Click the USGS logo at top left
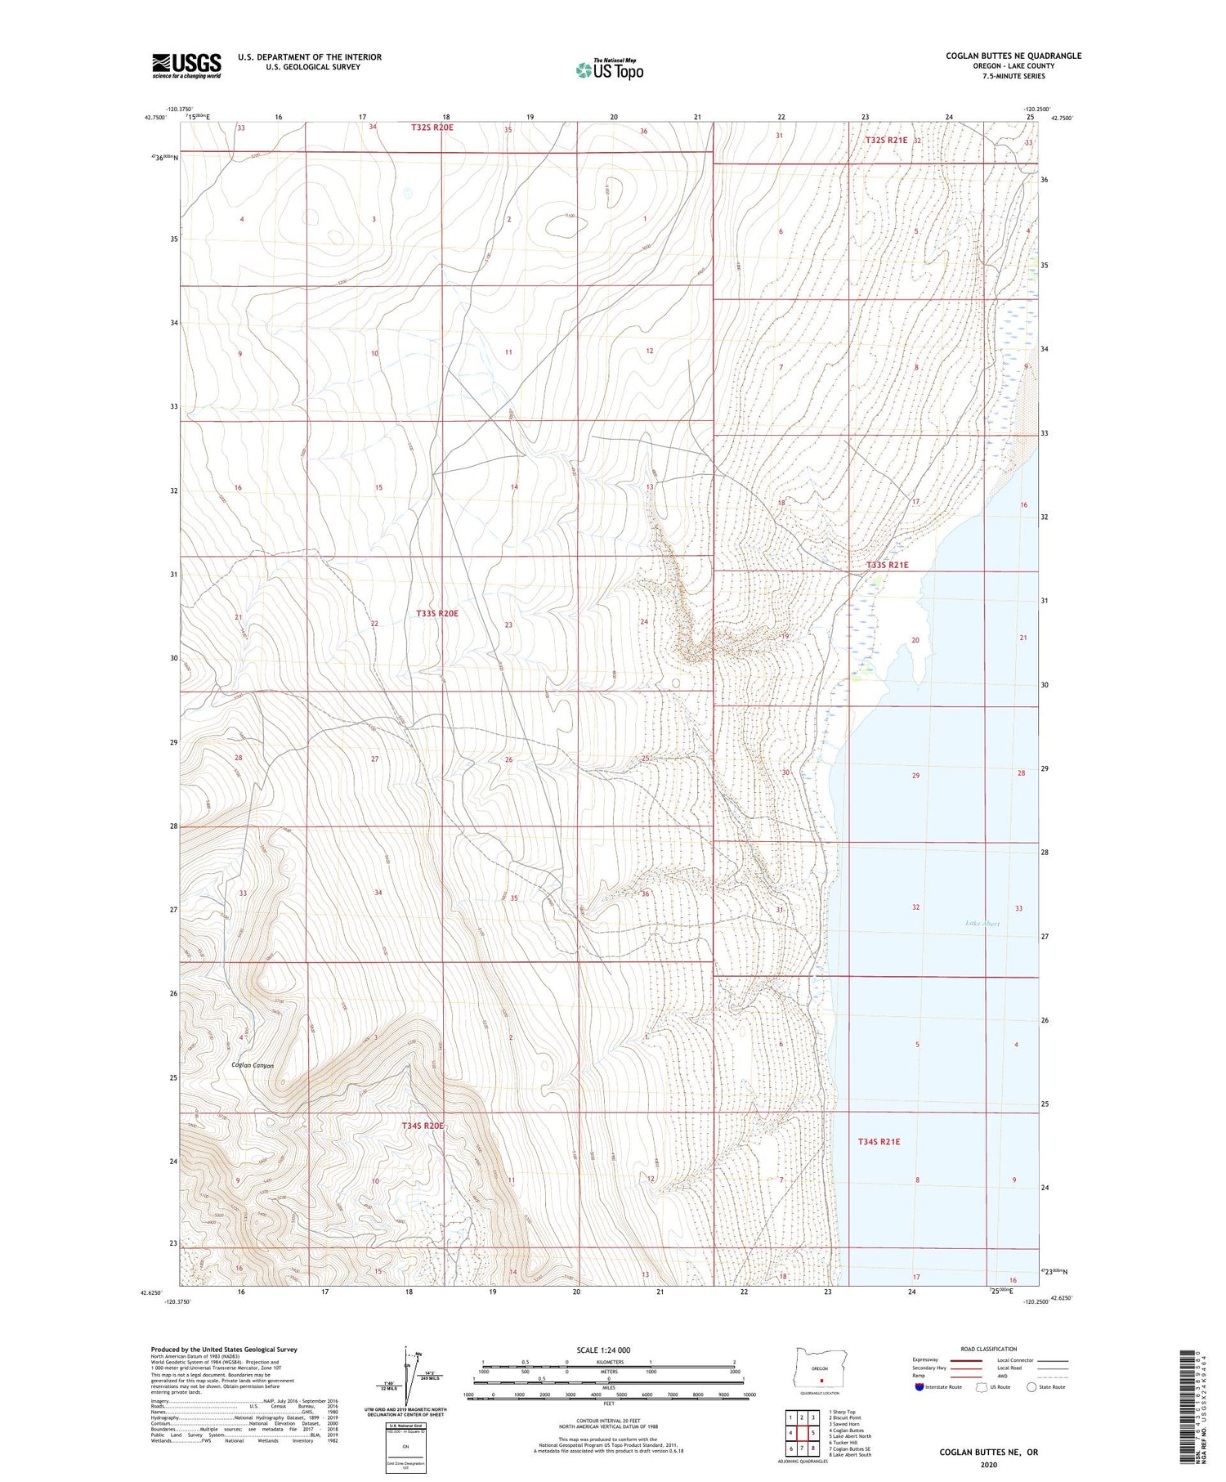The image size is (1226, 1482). click(x=186, y=65)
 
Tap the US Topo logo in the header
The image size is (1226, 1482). click(x=610, y=70)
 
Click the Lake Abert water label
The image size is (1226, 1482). click(x=982, y=924)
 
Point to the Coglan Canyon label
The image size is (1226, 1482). click(x=252, y=1065)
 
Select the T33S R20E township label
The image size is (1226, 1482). click(x=437, y=613)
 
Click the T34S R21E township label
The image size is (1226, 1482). click(x=879, y=1141)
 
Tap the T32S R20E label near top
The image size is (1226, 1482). click(x=432, y=128)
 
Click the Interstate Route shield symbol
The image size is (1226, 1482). click(x=919, y=1387)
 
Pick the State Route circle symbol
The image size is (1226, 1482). click(x=1031, y=1387)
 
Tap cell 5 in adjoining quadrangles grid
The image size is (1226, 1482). click(x=813, y=1433)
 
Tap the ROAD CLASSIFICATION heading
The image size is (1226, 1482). click(x=989, y=1350)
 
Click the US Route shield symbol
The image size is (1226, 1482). click(x=982, y=1387)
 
